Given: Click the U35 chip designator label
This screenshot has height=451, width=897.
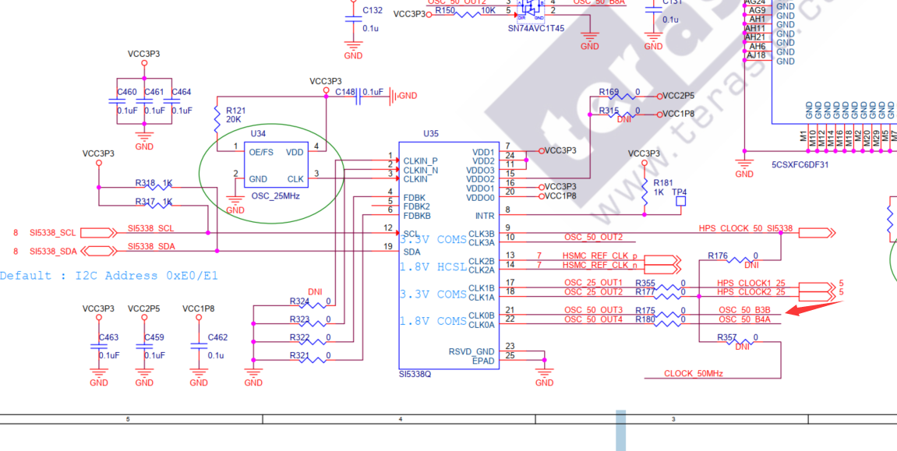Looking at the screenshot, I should [431, 133].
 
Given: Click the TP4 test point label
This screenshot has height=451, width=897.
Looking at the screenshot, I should [680, 192].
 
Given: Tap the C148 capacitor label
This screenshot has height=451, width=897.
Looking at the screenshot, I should [344, 92].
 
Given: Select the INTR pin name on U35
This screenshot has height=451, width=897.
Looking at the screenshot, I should [484, 216].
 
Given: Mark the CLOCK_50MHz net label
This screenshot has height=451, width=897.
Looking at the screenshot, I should [694, 374].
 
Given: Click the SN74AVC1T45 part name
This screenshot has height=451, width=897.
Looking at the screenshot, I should [536, 27].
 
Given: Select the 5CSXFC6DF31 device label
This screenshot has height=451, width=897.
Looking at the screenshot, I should [800, 165].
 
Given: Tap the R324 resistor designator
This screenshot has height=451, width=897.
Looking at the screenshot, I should [299, 301].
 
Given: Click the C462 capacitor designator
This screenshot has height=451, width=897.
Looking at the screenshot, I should [217, 337].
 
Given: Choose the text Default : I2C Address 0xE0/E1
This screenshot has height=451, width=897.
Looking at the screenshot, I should [109, 276].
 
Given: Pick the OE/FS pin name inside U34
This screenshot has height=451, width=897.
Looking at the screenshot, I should [261, 152].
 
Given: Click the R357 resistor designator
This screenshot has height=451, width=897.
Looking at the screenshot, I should [726, 337].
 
